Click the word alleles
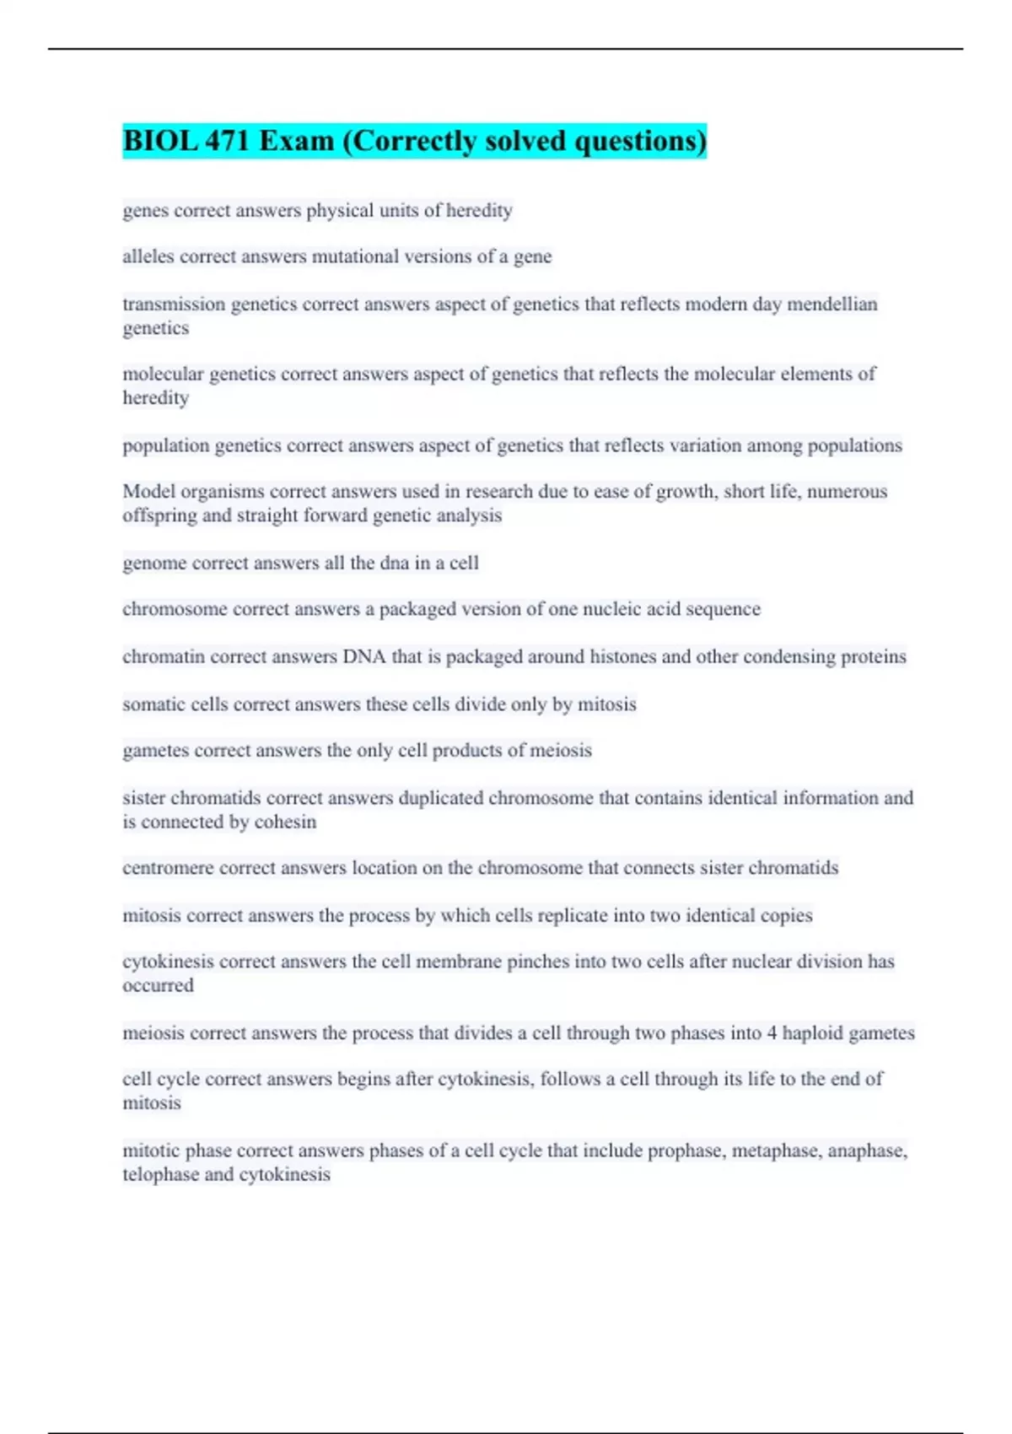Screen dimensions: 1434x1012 (x=148, y=256)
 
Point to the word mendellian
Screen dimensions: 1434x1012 (x=832, y=304)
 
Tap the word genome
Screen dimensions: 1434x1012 (x=154, y=563)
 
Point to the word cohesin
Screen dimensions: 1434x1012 (x=285, y=822)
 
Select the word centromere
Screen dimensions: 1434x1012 (x=168, y=868)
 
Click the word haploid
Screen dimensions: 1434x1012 (x=812, y=1032)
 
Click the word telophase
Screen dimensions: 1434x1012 (x=160, y=1174)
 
